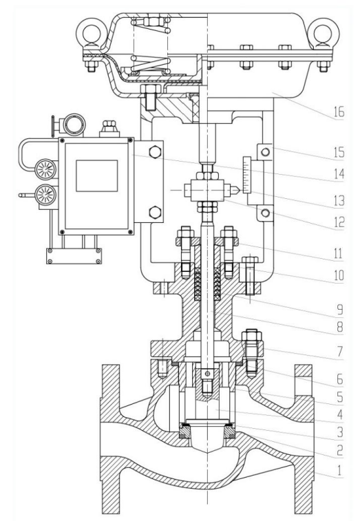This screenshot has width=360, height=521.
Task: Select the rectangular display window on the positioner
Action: click(x=94, y=176)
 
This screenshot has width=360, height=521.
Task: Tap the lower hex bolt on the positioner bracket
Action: click(x=153, y=212)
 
